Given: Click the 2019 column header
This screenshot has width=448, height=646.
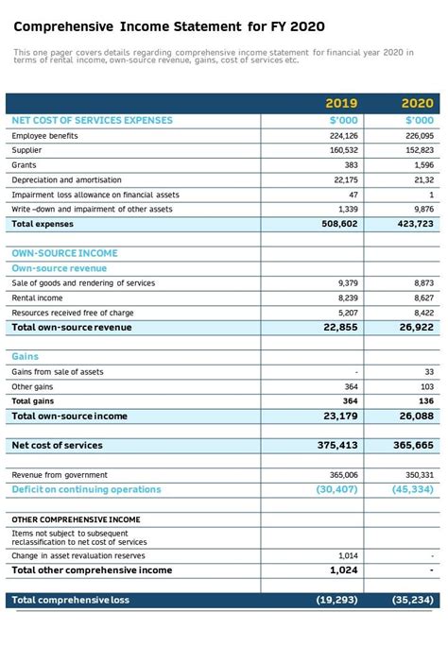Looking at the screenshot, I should pyautogui.click(x=341, y=103).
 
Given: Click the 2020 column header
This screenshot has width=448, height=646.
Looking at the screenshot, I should pyautogui.click(x=417, y=103).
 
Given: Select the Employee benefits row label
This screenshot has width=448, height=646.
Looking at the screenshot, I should pyautogui.click(x=44, y=136).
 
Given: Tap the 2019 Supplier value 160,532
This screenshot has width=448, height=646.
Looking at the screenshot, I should pyautogui.click(x=343, y=150).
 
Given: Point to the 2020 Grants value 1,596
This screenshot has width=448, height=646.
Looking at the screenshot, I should pyautogui.click(x=423, y=165).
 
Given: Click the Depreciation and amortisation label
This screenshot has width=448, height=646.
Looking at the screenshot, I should pyautogui.click(x=66, y=179).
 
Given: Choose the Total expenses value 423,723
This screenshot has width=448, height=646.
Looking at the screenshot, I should pyautogui.click(x=416, y=224).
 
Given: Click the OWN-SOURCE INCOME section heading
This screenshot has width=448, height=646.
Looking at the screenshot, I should pyautogui.click(x=64, y=253).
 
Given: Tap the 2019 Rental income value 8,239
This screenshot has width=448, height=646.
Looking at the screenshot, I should pyautogui.click(x=347, y=297).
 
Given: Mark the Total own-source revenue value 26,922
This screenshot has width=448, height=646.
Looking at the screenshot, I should pyautogui.click(x=417, y=327).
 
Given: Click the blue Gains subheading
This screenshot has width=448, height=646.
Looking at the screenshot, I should pyautogui.click(x=26, y=357).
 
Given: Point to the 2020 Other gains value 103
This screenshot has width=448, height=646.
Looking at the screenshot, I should pyautogui.click(x=427, y=386).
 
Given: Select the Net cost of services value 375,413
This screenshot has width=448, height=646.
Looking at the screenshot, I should pyautogui.click(x=337, y=445).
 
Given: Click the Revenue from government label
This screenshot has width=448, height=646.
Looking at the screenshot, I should pyautogui.click(x=60, y=475).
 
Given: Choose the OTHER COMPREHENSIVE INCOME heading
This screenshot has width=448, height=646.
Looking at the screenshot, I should pyautogui.click(x=76, y=519).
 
